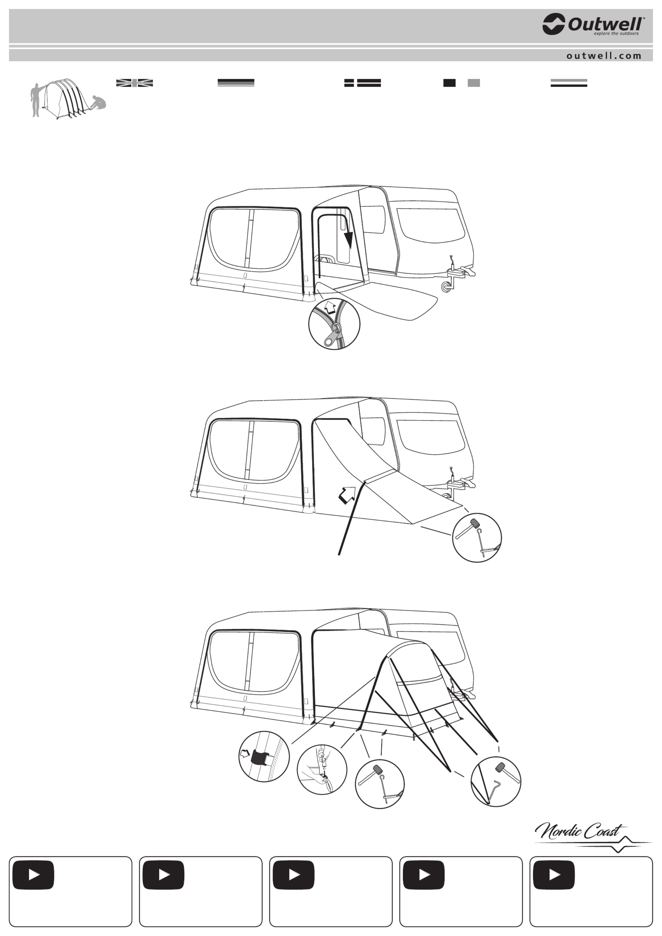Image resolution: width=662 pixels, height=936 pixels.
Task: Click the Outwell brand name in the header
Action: point(606,24)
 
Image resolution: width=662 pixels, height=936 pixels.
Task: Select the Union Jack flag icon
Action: point(135,83)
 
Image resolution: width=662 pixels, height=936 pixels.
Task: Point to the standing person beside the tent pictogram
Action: point(36,100)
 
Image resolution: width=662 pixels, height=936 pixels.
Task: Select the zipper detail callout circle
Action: point(334,324)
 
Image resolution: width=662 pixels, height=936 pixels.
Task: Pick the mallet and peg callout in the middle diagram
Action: point(477,538)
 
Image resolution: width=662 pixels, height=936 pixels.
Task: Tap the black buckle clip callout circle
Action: point(264,757)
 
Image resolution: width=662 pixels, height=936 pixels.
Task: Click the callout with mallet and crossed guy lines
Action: point(496,782)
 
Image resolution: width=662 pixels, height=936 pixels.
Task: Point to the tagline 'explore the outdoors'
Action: point(616,33)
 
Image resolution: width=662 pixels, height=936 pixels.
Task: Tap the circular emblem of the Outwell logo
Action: point(554,24)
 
